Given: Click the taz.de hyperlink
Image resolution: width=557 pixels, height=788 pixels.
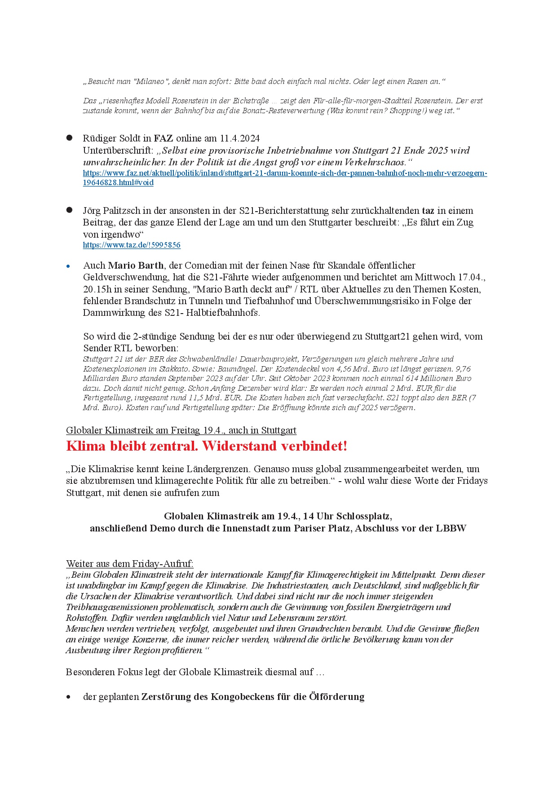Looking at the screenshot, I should point(132,245).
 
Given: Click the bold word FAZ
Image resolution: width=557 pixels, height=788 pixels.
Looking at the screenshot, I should point(164,138).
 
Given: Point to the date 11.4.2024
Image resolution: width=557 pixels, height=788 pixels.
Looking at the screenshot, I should point(240,138).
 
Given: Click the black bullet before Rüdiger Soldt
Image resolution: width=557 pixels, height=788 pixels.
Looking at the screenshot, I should point(69,138).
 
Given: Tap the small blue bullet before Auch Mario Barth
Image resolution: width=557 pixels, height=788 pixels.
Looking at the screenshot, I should point(68,266).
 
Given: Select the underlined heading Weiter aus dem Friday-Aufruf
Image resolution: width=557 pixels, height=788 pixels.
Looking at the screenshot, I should point(129,564).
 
